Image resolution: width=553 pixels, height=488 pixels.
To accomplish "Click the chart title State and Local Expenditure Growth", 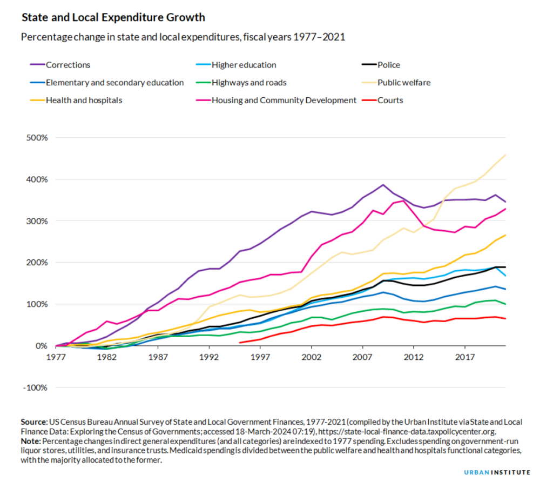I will coord(113,17).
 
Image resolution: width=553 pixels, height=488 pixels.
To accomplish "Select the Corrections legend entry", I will coord(68,65).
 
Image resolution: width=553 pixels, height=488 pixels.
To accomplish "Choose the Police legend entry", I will coord(389,65).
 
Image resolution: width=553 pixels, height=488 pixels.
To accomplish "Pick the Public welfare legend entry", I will coord(404,83).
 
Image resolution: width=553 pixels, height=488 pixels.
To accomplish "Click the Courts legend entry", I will coord(390,100).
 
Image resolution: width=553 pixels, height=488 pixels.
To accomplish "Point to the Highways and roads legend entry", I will coord(249,83).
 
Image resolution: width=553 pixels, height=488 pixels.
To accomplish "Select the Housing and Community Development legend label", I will coord(284,100).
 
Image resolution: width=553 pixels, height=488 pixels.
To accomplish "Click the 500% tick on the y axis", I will coord(37,137).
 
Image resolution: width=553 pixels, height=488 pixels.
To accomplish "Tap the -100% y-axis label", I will coord(36,387).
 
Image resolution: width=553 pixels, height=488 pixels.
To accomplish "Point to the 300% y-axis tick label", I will coord(37,221).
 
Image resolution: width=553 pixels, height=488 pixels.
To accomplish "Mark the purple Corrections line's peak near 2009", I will coord(382,185).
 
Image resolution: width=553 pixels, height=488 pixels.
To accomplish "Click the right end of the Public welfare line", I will coord(505,155).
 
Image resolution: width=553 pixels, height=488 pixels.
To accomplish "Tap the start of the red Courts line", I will coord(240,343).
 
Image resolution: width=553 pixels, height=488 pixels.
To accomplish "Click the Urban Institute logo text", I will coord(497,472).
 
